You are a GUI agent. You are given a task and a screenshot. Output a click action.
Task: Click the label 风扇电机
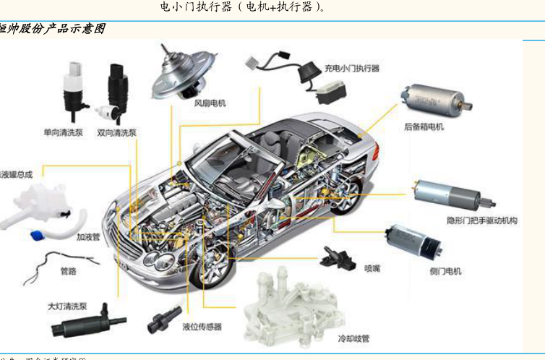210,103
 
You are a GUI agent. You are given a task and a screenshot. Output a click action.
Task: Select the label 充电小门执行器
351,68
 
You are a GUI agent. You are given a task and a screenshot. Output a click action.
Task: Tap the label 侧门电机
445,271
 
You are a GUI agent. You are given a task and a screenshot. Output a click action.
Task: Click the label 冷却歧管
355,338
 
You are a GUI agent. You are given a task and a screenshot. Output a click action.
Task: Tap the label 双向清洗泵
116,133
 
